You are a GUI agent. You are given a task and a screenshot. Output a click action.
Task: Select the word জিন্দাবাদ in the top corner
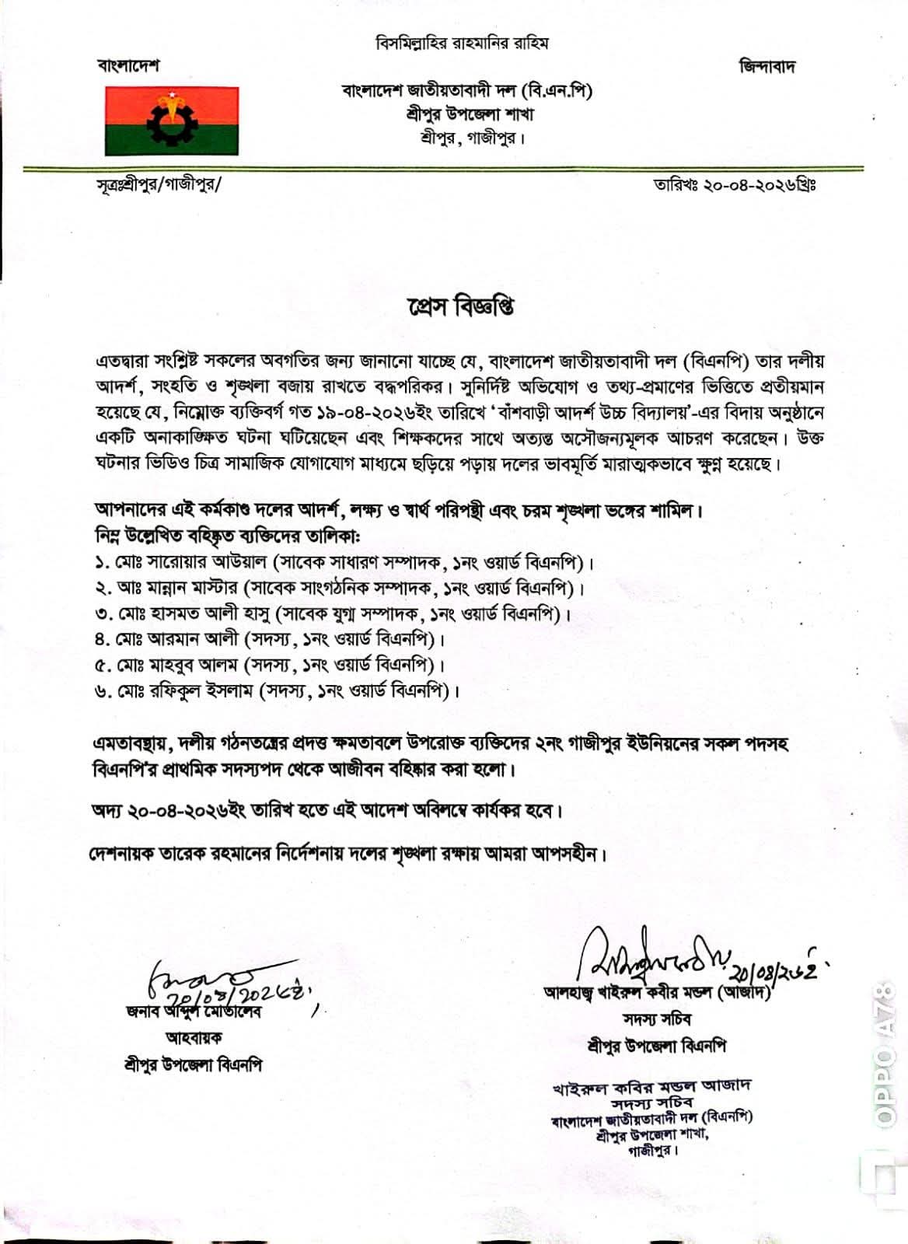(767, 66)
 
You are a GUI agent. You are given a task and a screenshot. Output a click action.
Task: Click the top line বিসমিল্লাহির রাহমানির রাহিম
(462, 44)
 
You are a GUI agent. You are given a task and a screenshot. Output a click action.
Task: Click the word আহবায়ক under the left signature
(194, 1038)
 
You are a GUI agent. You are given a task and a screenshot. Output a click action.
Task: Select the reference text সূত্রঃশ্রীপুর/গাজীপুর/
(159, 185)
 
